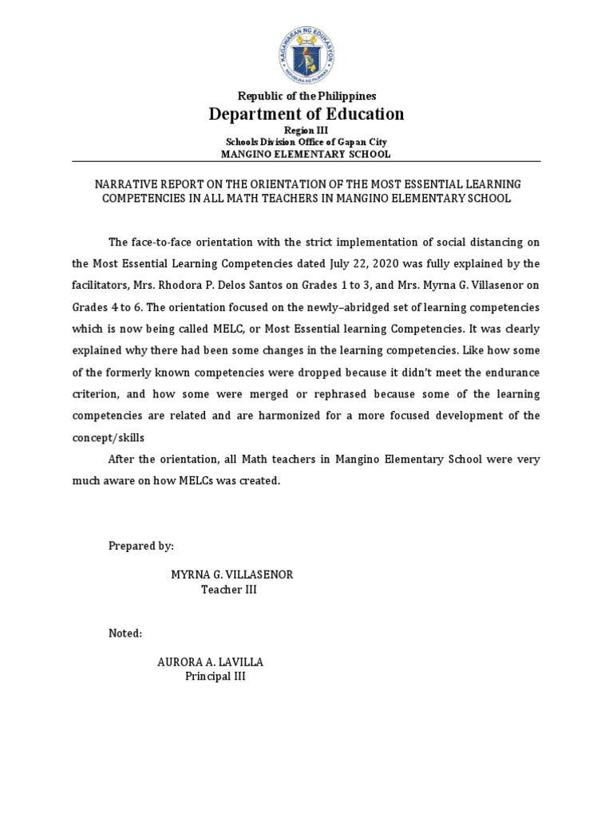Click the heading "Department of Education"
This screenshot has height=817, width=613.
(306, 114)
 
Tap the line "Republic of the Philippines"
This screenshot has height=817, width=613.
(306, 96)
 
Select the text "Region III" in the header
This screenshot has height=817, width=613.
(306, 131)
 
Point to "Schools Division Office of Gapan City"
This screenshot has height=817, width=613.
(306, 142)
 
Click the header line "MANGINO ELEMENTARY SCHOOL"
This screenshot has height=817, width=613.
(306, 154)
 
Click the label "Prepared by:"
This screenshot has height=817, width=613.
(140, 546)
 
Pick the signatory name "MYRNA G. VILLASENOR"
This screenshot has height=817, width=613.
(232, 575)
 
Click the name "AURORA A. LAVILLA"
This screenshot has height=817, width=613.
(210, 662)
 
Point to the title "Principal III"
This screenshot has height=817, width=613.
(216, 677)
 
